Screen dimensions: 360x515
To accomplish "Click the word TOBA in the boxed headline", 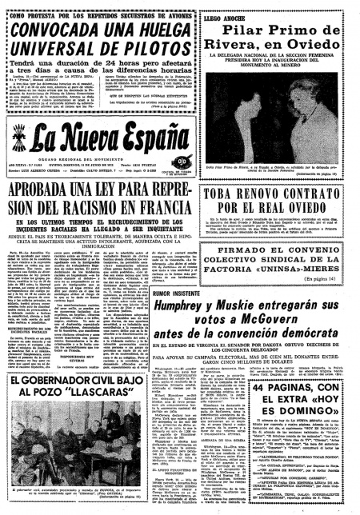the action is [232, 193].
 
